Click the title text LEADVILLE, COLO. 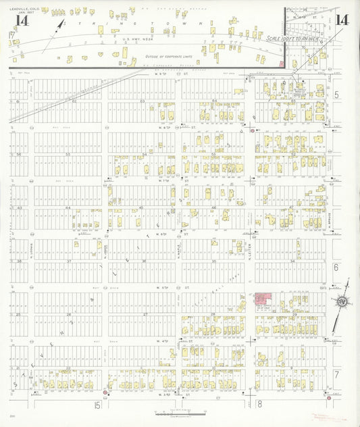click(x=20, y=8)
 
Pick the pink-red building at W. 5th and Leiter click(x=263, y=299)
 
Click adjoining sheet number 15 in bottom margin click(x=99, y=405)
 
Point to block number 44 click(x=68, y=208)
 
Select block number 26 click(x=68, y=315)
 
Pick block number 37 click(x=68, y=261)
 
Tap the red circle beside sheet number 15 click(x=105, y=392)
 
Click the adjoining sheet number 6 click(x=336, y=268)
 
